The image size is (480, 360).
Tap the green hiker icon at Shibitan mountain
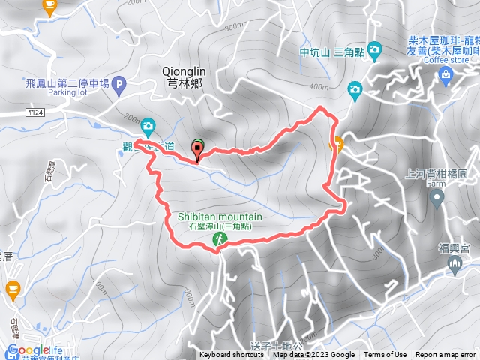(x=220, y=239)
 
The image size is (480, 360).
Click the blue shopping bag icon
(x=445, y=73)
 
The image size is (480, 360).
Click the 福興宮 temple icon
(x=454, y=264)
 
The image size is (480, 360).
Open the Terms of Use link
(x=385, y=355)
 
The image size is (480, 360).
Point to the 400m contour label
(x=307, y=86)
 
